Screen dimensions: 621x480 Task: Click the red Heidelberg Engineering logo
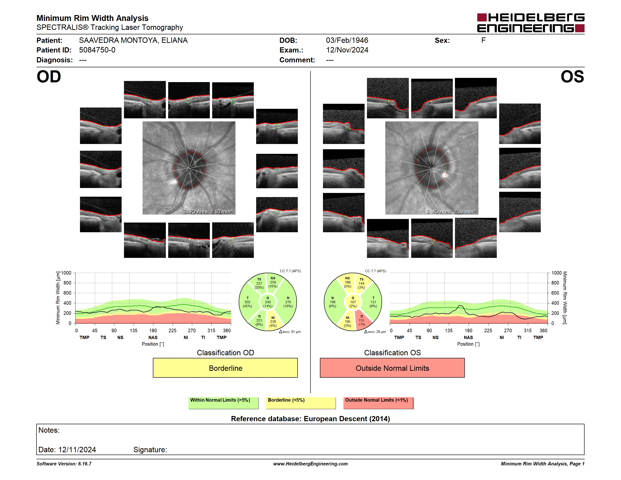(x=531, y=23)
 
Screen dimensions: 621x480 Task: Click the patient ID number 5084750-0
(x=97, y=50)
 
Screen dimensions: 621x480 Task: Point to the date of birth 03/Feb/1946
(x=347, y=40)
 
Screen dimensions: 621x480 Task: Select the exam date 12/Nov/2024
(x=347, y=50)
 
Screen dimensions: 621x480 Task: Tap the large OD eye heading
(x=49, y=77)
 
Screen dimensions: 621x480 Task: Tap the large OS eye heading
(x=572, y=77)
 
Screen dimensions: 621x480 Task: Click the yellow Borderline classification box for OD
(x=225, y=368)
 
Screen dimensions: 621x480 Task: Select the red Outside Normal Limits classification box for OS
(x=392, y=368)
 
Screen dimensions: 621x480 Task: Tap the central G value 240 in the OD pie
(x=268, y=302)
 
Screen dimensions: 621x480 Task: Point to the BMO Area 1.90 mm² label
(x=208, y=212)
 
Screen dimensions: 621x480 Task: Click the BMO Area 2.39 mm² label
(x=451, y=212)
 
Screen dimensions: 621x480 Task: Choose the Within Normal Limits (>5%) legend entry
(x=223, y=403)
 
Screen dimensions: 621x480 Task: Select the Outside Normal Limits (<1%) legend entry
(x=378, y=403)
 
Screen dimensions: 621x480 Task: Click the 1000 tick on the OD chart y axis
(x=66, y=273)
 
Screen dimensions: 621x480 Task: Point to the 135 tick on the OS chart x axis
(x=449, y=330)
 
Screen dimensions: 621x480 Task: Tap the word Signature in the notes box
(x=150, y=450)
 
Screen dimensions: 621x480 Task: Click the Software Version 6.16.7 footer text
(x=64, y=464)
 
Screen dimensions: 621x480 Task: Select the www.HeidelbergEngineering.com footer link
(x=310, y=464)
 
